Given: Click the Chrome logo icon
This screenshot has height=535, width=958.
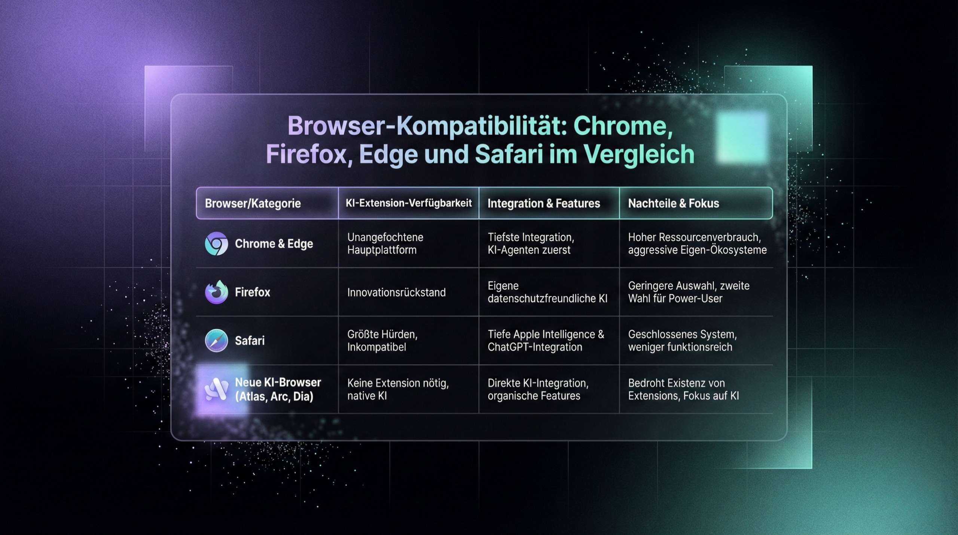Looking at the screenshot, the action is pos(216,244).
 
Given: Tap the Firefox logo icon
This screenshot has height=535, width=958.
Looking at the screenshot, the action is pos(216,292).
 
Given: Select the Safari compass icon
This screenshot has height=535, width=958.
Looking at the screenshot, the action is pos(216,340).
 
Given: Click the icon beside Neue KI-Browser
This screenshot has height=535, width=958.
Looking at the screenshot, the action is pos(216,389).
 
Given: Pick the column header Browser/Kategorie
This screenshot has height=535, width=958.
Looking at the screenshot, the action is pos(253,203).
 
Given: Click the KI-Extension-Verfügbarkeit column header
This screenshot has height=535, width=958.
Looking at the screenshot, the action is pos(409,203).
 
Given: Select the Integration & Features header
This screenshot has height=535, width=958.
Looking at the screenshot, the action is pos(544,203).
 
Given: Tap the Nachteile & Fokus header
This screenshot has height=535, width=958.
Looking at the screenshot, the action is pos(674,203).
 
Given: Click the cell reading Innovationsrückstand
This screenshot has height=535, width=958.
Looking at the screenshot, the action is pos(396,292).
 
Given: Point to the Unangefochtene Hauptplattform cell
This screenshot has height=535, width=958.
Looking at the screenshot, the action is pos(385,243).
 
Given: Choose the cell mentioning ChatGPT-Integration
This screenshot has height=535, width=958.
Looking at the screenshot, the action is pos(546,340).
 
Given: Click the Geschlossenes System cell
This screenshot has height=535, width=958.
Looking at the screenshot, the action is pos(682,340).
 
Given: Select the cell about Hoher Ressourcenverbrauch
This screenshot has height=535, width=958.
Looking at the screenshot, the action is pos(697,243).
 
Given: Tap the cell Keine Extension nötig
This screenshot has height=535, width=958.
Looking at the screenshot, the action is pos(398,389).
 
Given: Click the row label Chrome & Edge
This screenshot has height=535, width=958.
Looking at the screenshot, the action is pos(274,244).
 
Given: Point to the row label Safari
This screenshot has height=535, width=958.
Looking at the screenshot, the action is pos(250,341).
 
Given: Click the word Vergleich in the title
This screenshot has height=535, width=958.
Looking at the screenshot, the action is pos(639,154).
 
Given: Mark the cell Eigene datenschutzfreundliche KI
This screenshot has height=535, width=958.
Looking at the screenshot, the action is pos(547,292).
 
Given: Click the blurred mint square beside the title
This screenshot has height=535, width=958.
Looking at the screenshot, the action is pos(741,137).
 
